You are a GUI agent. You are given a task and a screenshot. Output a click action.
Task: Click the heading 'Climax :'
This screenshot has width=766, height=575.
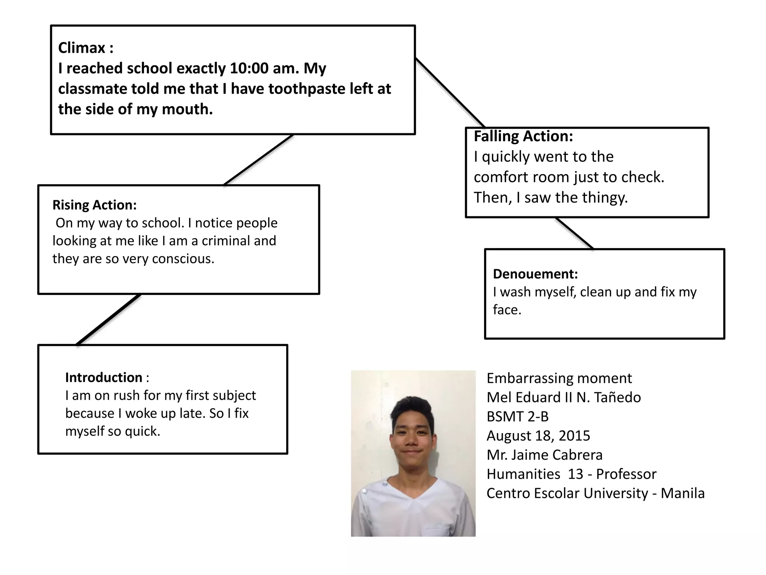pyautogui.click(x=86, y=48)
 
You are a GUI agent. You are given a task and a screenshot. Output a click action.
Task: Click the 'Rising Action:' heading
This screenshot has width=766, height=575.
pyautogui.click(x=95, y=205)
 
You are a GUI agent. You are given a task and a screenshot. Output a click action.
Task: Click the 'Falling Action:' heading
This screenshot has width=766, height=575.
pyautogui.click(x=523, y=136)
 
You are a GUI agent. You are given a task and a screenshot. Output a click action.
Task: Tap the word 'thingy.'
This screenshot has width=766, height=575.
pyautogui.click(x=609, y=198)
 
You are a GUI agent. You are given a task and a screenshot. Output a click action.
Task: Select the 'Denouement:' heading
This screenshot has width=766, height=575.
pyautogui.click(x=535, y=274)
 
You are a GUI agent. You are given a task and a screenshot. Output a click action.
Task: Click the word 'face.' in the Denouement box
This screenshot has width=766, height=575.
pyautogui.click(x=507, y=310)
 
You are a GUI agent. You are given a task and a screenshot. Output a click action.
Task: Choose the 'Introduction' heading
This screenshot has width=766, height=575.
pyautogui.click(x=104, y=377)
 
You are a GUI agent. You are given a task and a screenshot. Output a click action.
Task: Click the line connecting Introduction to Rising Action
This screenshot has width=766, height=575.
pyautogui.click(x=108, y=319)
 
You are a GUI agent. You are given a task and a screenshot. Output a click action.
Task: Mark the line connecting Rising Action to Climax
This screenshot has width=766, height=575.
pyautogui.click(x=258, y=160)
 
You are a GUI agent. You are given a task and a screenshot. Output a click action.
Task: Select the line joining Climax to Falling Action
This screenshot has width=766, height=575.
pyautogui.click(x=450, y=93)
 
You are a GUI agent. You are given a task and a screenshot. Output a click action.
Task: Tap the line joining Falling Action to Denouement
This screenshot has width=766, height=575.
pyautogui.click(x=574, y=233)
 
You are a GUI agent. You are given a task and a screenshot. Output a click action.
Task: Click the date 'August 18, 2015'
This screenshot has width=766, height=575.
pyautogui.click(x=538, y=436)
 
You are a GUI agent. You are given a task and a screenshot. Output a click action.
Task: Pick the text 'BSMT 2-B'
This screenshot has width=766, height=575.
pyautogui.click(x=517, y=417)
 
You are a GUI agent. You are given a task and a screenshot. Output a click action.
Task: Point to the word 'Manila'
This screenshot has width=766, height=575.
pyautogui.click(x=683, y=493)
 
